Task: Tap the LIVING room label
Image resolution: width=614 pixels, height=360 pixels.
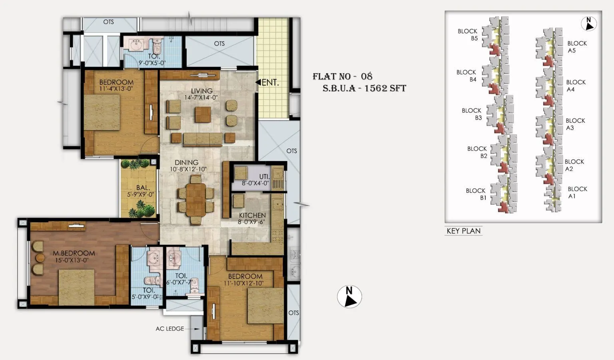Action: pos(201,91)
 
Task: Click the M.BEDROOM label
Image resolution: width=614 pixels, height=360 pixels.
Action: pos(74,253)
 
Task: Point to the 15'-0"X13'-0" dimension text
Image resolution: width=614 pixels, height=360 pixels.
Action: pos(72,260)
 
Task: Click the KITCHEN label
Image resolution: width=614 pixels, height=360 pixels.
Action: pos(252,215)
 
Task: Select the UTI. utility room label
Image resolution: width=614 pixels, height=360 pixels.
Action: pos(264,176)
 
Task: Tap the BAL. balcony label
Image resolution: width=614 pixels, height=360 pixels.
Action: pos(143,188)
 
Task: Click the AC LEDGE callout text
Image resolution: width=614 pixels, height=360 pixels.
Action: pos(170,329)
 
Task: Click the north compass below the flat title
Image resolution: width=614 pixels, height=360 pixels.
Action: pos(349,297)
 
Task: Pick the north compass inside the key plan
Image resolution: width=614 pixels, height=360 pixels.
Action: pos(588,24)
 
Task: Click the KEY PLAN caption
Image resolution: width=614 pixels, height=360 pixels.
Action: pos(464,231)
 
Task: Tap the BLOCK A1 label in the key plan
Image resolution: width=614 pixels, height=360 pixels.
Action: pos(577,192)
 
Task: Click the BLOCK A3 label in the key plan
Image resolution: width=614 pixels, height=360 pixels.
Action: pos(575,124)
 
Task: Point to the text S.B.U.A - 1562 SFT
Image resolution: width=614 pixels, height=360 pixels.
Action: pos(364,88)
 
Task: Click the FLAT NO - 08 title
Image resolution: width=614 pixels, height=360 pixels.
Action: pos(342,76)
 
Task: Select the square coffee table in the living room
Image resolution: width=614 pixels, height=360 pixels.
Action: pos(203,114)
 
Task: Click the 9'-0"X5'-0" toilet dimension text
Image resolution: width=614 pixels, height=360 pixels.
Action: pos(152,63)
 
